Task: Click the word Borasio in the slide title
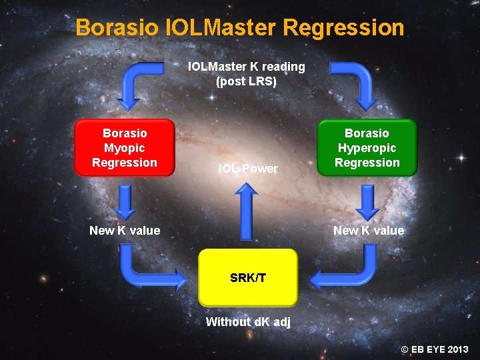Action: pyautogui.click(x=117, y=28)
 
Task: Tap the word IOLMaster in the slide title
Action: pyautogui.click(x=221, y=28)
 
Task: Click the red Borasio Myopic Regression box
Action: pyautogui.click(x=125, y=148)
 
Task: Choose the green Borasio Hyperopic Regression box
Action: pyautogui.click(x=367, y=148)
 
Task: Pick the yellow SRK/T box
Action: pyautogui.click(x=248, y=277)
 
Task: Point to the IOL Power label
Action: pyautogui.click(x=248, y=169)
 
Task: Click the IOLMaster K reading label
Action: pyautogui.click(x=247, y=67)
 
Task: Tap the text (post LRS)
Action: pyautogui.click(x=247, y=82)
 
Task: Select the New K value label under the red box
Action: pyautogui.click(x=125, y=231)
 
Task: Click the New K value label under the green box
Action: pyautogui.click(x=369, y=231)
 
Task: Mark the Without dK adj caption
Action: pyautogui.click(x=248, y=322)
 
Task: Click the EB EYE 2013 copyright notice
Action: pyautogui.click(x=434, y=349)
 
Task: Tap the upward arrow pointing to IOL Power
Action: pyautogui.click(x=247, y=210)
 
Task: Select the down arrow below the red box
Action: pyautogui.click(x=125, y=201)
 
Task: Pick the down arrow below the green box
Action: pyautogui.click(x=367, y=201)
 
